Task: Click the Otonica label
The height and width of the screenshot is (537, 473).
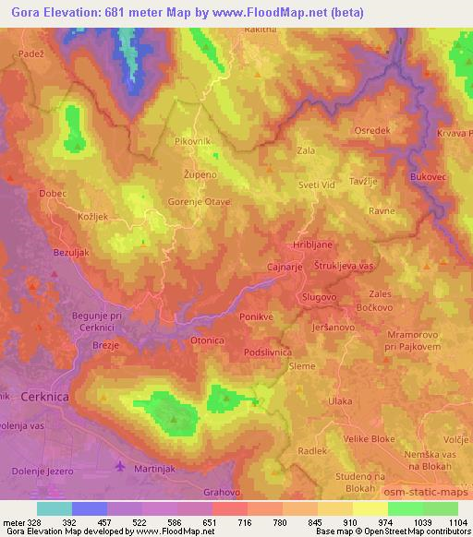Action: [208, 340]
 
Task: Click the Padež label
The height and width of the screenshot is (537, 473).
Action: [30, 54]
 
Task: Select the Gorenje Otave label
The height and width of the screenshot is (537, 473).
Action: [199, 200]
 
